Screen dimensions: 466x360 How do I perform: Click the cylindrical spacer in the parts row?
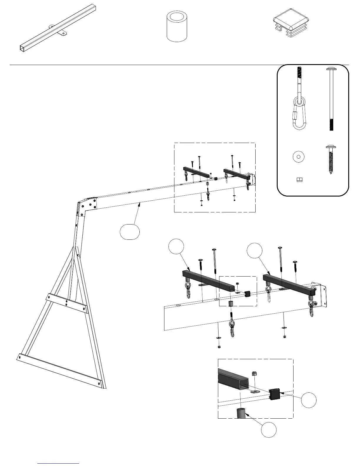177,26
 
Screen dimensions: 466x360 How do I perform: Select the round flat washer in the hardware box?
299,157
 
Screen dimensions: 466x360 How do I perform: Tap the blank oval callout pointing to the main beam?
130,232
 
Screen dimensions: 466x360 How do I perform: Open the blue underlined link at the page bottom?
59,463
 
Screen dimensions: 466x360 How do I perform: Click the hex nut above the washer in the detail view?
255,374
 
